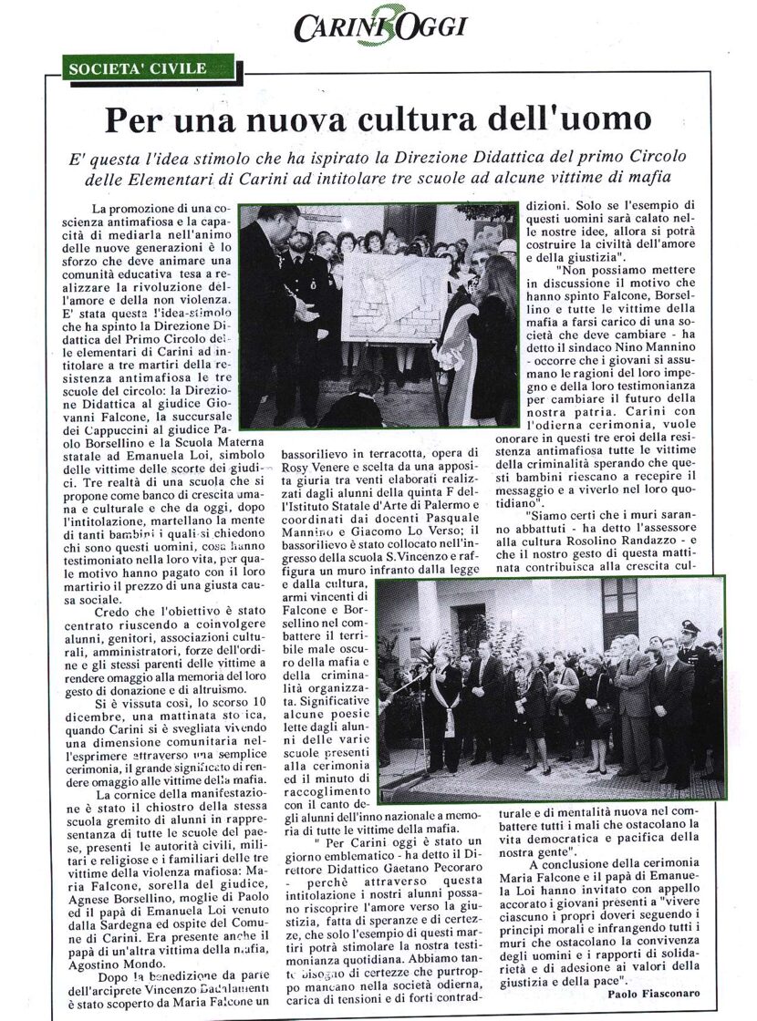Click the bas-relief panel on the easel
394,298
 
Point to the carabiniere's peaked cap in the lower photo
690,628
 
